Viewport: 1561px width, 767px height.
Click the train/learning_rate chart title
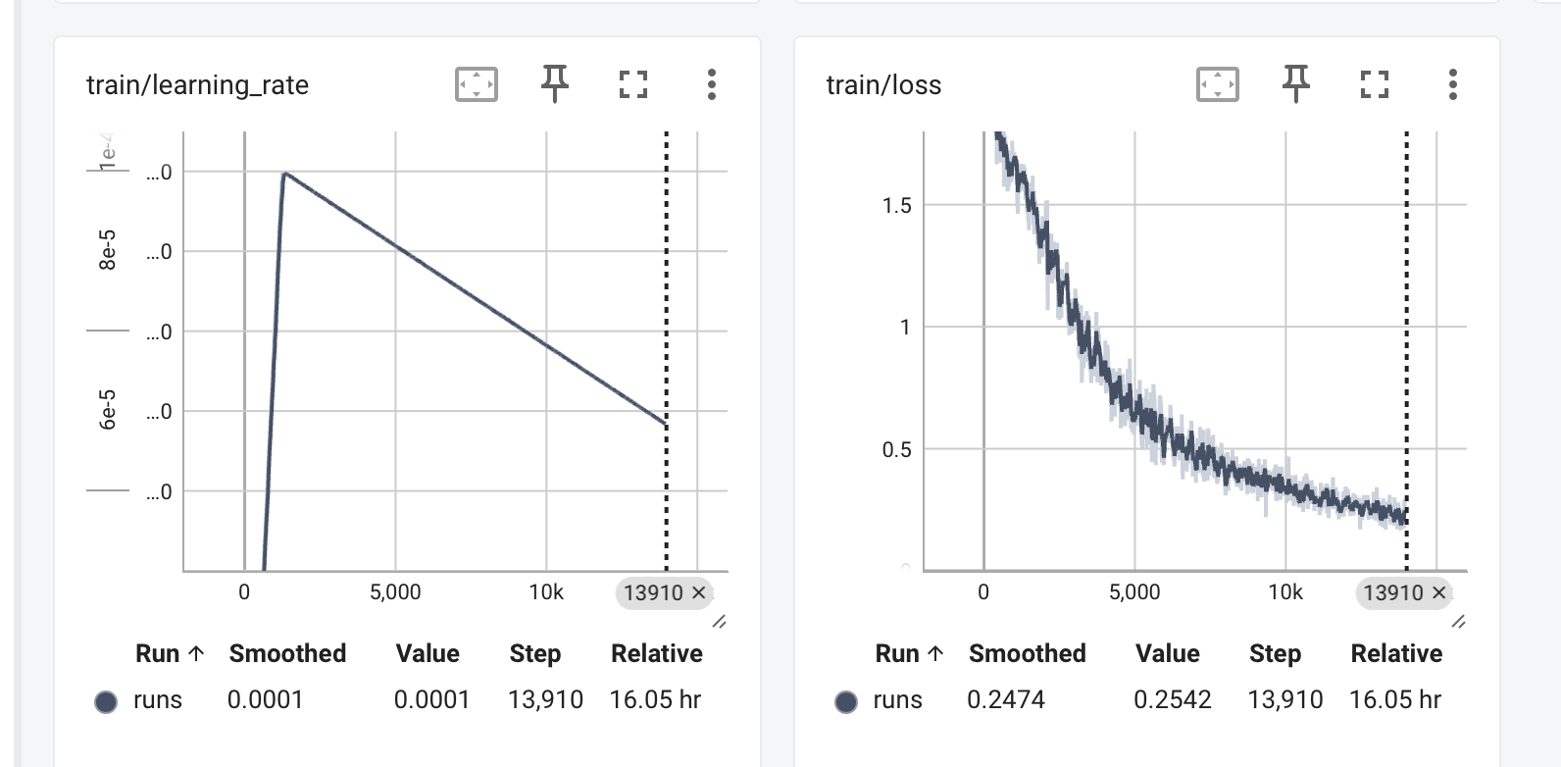point(197,85)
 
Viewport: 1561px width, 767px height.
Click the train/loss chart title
point(883,85)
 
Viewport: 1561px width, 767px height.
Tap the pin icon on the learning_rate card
point(555,83)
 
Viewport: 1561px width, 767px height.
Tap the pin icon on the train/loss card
point(1296,83)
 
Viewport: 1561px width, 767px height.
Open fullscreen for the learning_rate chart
point(633,84)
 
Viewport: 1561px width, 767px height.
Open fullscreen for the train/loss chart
point(1375,84)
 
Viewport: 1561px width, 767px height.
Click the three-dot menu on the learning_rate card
point(712,84)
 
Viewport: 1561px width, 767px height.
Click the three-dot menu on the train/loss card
point(1453,84)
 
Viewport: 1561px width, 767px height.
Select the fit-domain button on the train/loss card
point(1218,84)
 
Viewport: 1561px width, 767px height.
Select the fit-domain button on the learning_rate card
point(477,84)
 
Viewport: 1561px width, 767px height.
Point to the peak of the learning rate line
point(284,174)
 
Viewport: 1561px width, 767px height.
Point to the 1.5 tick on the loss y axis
point(897,206)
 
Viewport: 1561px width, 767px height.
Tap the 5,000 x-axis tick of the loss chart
point(1134,592)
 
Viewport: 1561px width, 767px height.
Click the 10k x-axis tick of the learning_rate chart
point(546,592)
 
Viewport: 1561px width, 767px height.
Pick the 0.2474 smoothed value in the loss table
point(1006,699)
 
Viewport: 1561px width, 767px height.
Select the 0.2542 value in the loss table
point(1173,699)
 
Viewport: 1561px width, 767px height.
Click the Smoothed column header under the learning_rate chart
point(287,653)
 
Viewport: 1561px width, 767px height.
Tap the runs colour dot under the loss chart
point(846,701)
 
